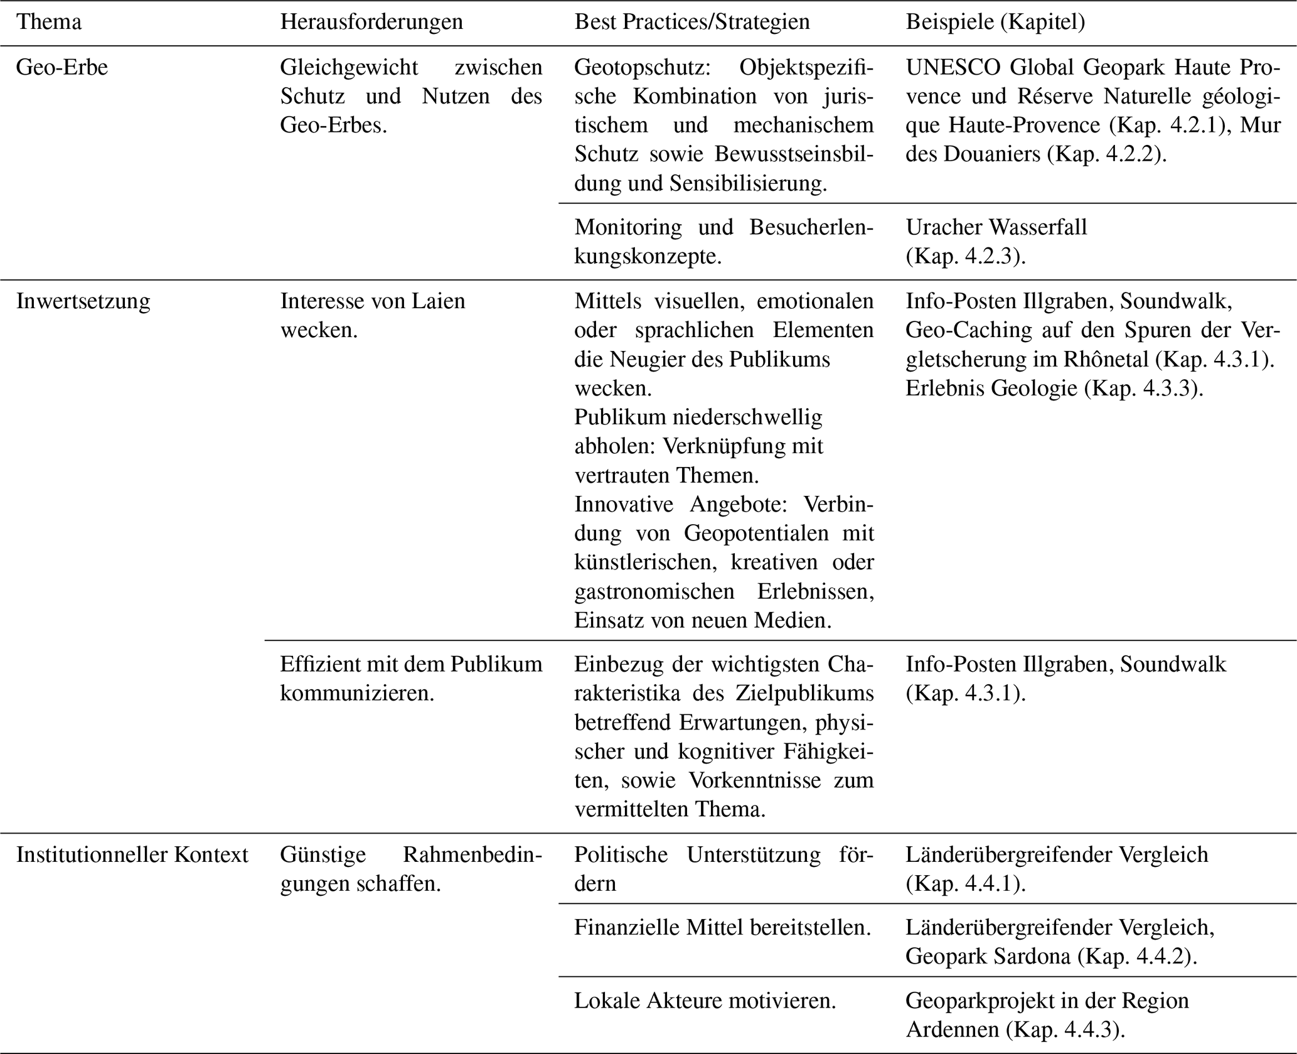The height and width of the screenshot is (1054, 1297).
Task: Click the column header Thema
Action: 48,22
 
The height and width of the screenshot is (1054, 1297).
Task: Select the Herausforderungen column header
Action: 371,22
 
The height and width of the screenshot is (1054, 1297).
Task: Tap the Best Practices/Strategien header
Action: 691,22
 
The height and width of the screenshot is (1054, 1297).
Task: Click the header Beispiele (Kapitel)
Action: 995,22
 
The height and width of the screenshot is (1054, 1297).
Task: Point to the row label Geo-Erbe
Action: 61,67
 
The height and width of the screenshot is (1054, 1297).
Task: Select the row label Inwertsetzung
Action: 83,301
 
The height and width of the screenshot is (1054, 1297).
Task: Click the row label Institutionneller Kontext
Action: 132,854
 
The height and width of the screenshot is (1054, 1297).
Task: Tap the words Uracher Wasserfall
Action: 996,227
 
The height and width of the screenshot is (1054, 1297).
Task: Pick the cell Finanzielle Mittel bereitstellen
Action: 722,927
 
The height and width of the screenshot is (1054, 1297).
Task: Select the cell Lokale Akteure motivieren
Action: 705,1000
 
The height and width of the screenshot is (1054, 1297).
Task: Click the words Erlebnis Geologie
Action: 991,389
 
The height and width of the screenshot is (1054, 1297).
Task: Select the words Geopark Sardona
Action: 988,956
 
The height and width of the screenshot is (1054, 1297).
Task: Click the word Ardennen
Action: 953,1030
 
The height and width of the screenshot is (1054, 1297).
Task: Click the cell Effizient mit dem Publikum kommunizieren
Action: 411,679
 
